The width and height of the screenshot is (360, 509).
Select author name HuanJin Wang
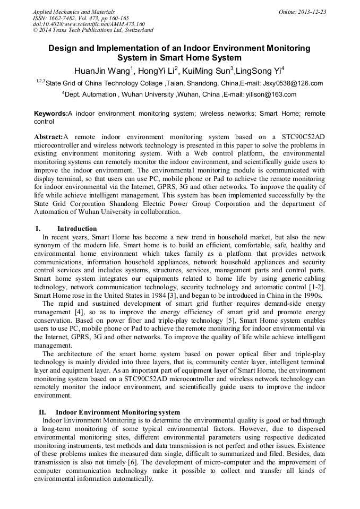pos(101,70)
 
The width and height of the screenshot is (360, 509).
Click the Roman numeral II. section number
pos(42,412)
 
